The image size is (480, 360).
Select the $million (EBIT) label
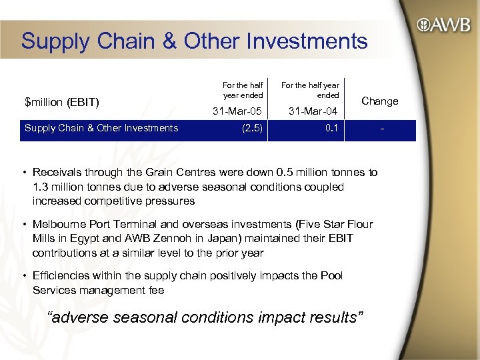pos(62,102)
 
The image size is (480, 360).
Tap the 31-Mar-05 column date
pos(237,111)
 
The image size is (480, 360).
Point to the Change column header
pos(379,101)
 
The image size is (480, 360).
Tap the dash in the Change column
pos(381,129)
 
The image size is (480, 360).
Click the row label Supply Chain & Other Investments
pos(101,128)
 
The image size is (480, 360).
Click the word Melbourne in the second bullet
pos(58,224)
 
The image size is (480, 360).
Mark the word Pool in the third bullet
pos(331,276)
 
